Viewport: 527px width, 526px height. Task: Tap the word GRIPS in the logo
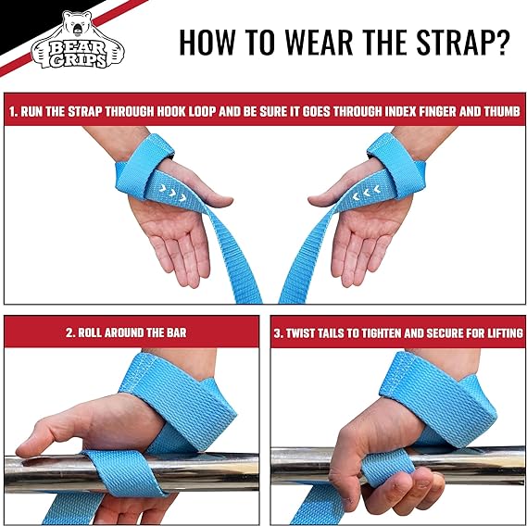pos(78,60)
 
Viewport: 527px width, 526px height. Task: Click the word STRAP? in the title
pos(463,43)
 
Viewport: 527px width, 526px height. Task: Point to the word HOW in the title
pos(207,43)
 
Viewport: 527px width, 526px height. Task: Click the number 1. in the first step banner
pos(13,112)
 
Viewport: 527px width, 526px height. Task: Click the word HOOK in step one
pos(172,111)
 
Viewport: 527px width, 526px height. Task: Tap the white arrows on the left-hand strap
pos(172,193)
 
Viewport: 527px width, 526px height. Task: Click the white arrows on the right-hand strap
pos(367,193)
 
